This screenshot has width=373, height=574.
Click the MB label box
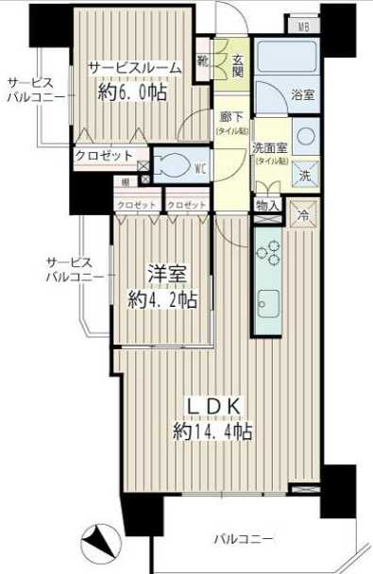pyautogui.click(x=304, y=26)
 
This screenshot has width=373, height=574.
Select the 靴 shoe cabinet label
pyautogui.click(x=203, y=61)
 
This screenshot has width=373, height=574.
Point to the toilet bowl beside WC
pyautogui.click(x=177, y=166)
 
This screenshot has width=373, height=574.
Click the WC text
pyautogui.click(x=200, y=169)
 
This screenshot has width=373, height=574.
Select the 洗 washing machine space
pyautogui.click(x=305, y=174)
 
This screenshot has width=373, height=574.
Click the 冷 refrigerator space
pyautogui.click(x=304, y=214)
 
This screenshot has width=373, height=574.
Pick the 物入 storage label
pyautogui.click(x=266, y=205)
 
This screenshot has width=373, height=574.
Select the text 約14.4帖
pyautogui.click(x=212, y=431)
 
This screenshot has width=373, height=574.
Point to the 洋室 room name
pyautogui.click(x=165, y=275)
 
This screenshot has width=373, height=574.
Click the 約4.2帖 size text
pyautogui.click(x=162, y=299)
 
